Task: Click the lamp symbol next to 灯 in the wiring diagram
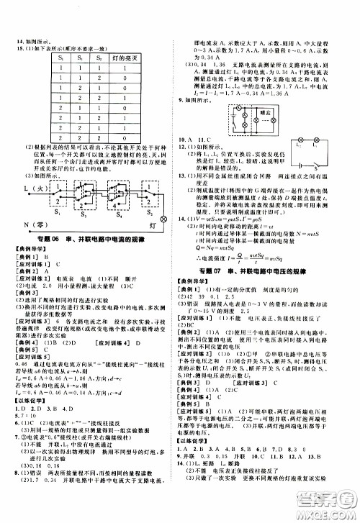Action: tap(163, 217)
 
